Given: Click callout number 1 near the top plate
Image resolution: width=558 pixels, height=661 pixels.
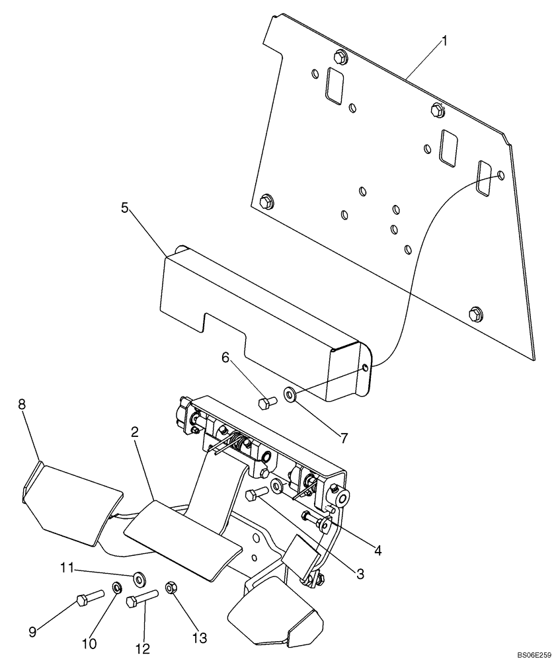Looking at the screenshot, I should click(444, 41).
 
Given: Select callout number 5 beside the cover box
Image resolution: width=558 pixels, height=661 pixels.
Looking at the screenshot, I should click(124, 208).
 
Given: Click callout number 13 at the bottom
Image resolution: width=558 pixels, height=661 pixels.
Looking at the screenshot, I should click(200, 638).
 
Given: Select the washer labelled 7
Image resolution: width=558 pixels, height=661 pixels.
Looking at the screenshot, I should click(290, 395).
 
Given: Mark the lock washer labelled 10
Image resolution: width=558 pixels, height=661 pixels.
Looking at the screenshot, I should click(116, 586).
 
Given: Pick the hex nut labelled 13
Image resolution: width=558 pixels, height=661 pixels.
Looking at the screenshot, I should click(169, 586).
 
